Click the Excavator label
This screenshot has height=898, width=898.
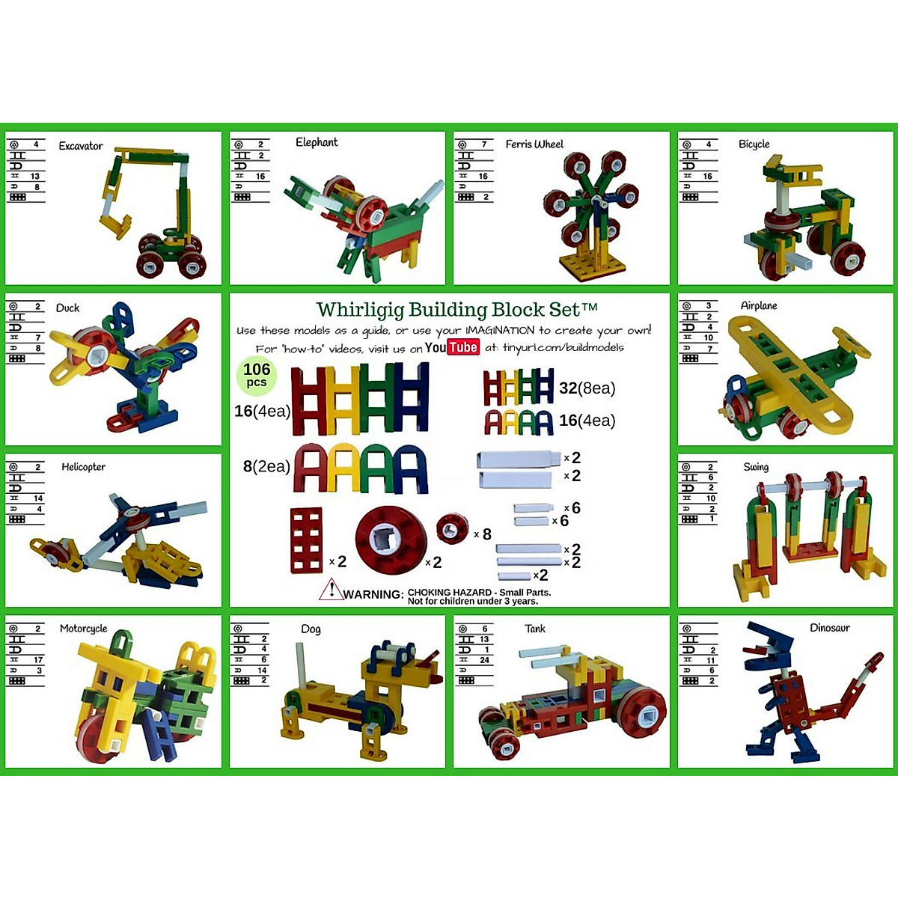pos(81,146)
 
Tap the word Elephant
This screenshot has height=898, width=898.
pos(317,142)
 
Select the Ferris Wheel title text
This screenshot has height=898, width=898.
pos(534,144)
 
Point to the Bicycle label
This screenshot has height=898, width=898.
pos(754,144)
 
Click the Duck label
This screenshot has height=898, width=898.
pos(67,308)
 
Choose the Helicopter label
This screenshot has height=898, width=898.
pos(83,467)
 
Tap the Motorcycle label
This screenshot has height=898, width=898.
pos(83,629)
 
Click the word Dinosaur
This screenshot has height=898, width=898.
pos(829,628)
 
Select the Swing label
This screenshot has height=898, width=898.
pos(756,467)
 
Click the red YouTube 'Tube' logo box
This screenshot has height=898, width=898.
pos(463,347)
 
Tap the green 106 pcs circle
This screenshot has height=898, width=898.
pos(257,374)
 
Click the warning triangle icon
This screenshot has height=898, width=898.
pos(330,590)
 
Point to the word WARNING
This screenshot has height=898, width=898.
pos(373,595)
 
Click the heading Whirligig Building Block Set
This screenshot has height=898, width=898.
pos(456,310)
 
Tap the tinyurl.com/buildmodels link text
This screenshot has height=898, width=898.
pos(563,347)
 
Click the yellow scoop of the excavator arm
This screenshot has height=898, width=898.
pos(116,224)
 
